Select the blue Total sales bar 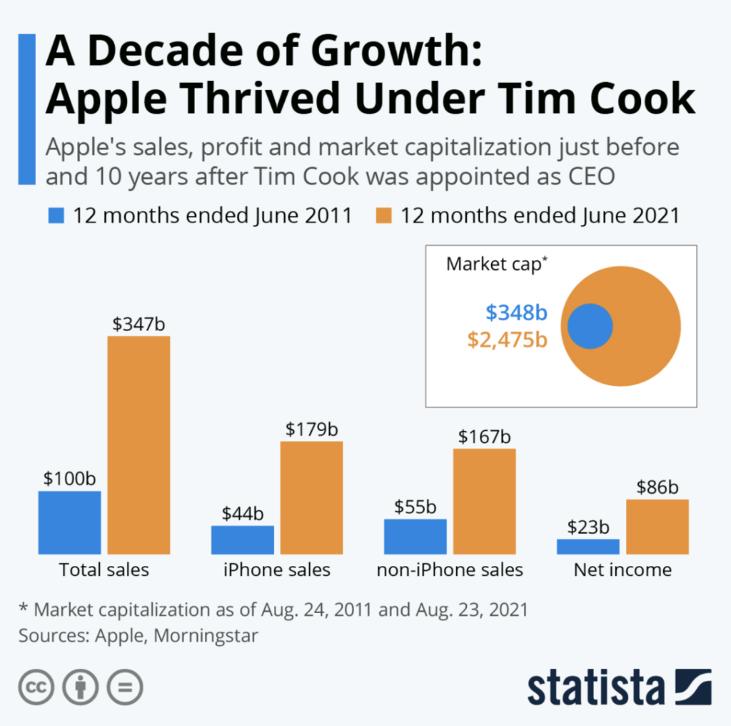coord(69,522)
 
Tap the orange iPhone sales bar coord(311,497)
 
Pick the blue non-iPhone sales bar coord(415,536)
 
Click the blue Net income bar coord(588,546)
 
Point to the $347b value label coord(138,324)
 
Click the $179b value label coord(311,429)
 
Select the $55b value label coord(415,507)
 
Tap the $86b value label coord(657,487)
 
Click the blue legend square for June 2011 coord(56,215)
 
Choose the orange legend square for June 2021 coord(383,215)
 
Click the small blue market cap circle coord(590,326)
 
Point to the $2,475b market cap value coord(507,339)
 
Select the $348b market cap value coord(516,313)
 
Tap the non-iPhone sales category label coord(450,570)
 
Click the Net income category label coord(622,570)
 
